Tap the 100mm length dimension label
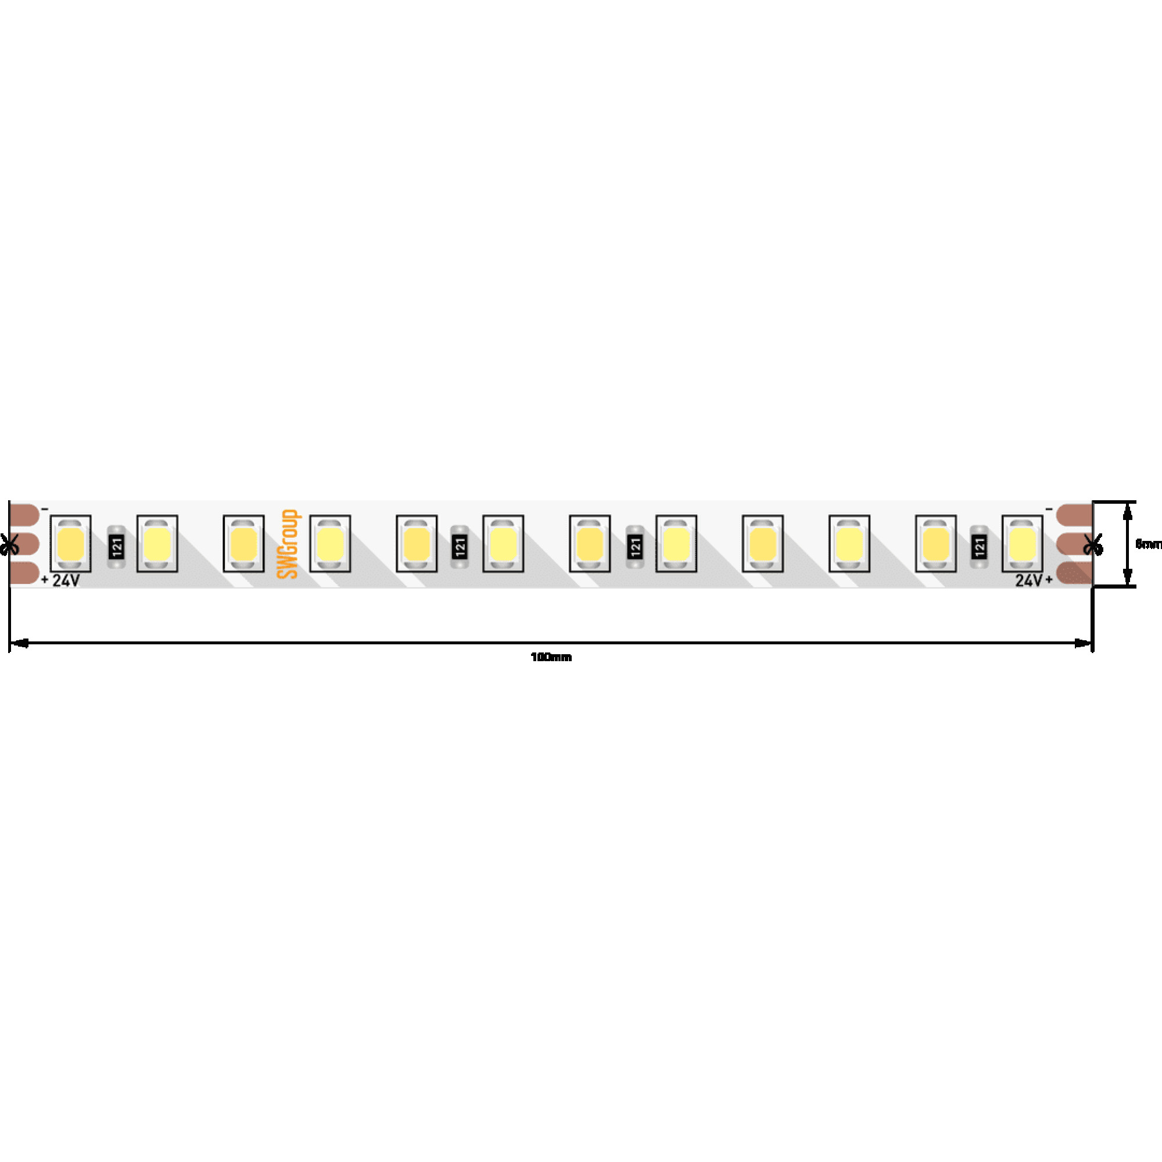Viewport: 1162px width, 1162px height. point(551,657)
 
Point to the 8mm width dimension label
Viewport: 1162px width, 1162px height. point(1148,544)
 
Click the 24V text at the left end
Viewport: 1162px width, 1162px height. point(66,580)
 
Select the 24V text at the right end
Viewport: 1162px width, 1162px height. point(1028,580)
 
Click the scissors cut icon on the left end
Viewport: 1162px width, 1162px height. point(10,544)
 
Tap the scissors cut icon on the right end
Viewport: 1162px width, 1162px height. point(1093,544)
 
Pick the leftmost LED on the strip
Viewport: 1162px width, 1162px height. point(71,543)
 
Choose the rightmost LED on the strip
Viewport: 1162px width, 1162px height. point(1022,543)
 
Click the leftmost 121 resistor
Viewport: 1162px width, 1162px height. point(117,547)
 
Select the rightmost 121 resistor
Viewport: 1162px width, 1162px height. point(979,547)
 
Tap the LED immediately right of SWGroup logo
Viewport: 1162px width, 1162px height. point(330,543)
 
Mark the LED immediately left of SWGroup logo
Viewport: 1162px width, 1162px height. point(243,543)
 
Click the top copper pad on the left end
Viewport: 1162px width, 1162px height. point(24,515)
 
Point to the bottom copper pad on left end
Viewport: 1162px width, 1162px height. point(24,573)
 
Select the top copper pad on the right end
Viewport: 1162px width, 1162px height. point(1074,515)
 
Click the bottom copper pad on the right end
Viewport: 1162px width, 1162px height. point(1074,573)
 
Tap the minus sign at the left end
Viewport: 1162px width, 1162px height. point(45,510)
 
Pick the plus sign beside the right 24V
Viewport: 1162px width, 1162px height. point(1049,580)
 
